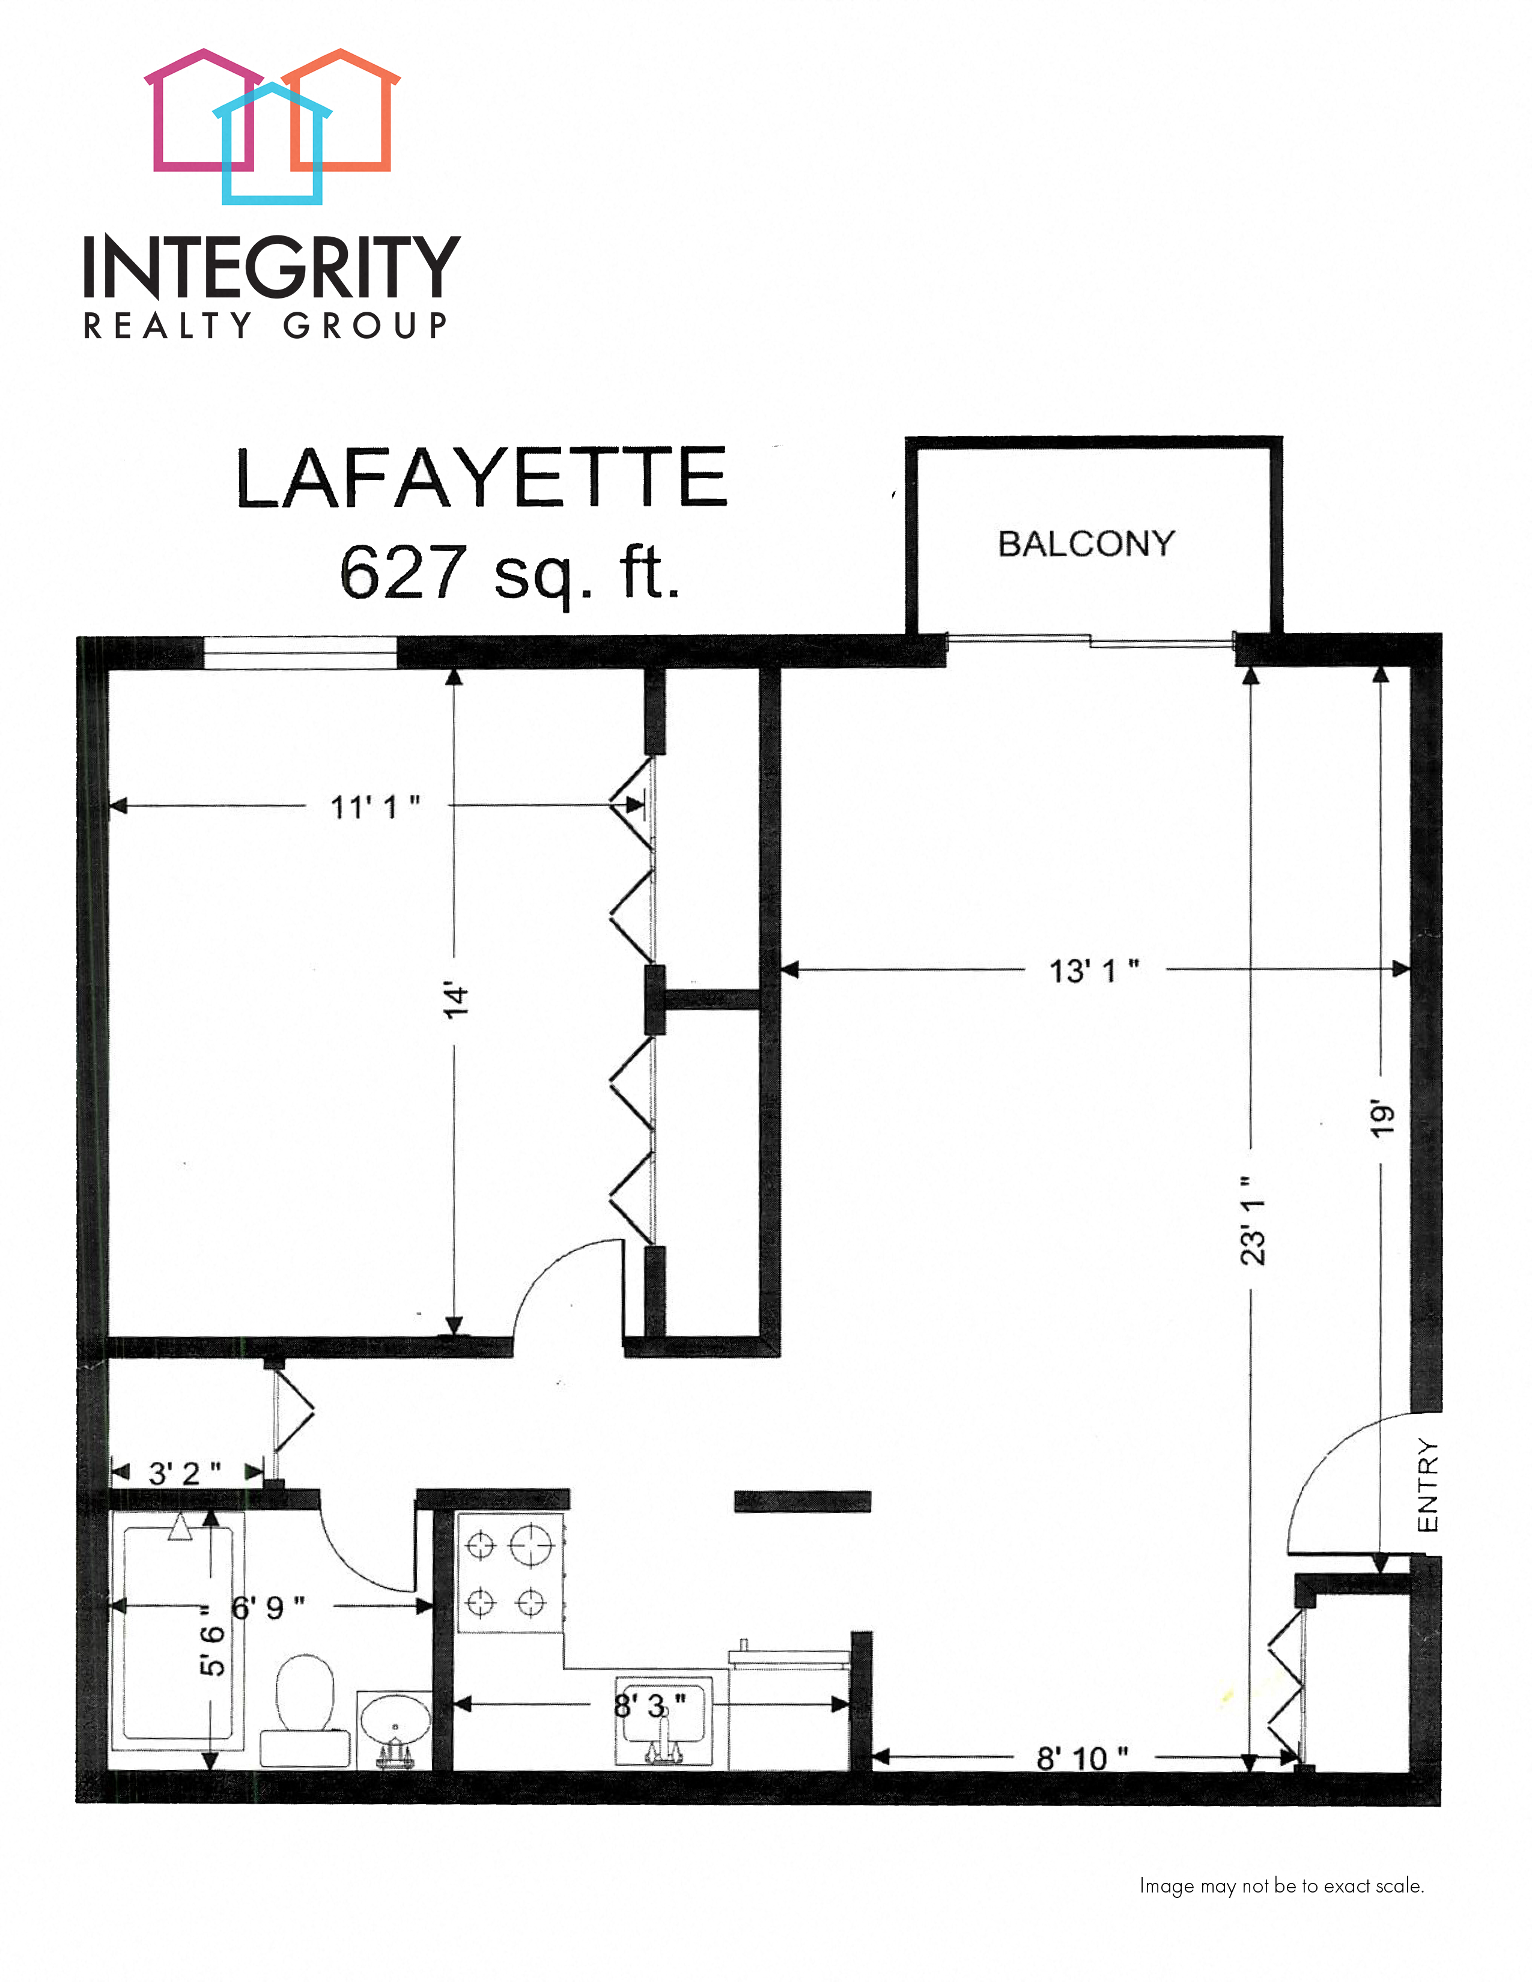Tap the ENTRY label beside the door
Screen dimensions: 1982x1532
point(1427,1485)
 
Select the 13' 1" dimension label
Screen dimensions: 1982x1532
point(1093,971)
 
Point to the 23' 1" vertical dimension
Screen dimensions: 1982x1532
point(1253,1220)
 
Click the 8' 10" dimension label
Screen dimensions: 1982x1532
point(1082,1759)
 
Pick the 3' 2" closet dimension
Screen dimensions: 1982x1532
point(184,1472)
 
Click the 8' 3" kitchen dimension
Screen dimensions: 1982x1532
point(650,1705)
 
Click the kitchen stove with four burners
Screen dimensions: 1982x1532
point(508,1573)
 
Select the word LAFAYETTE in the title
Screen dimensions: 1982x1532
point(481,477)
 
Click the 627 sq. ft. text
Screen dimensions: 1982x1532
point(509,574)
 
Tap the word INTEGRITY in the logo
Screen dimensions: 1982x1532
point(272,266)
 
